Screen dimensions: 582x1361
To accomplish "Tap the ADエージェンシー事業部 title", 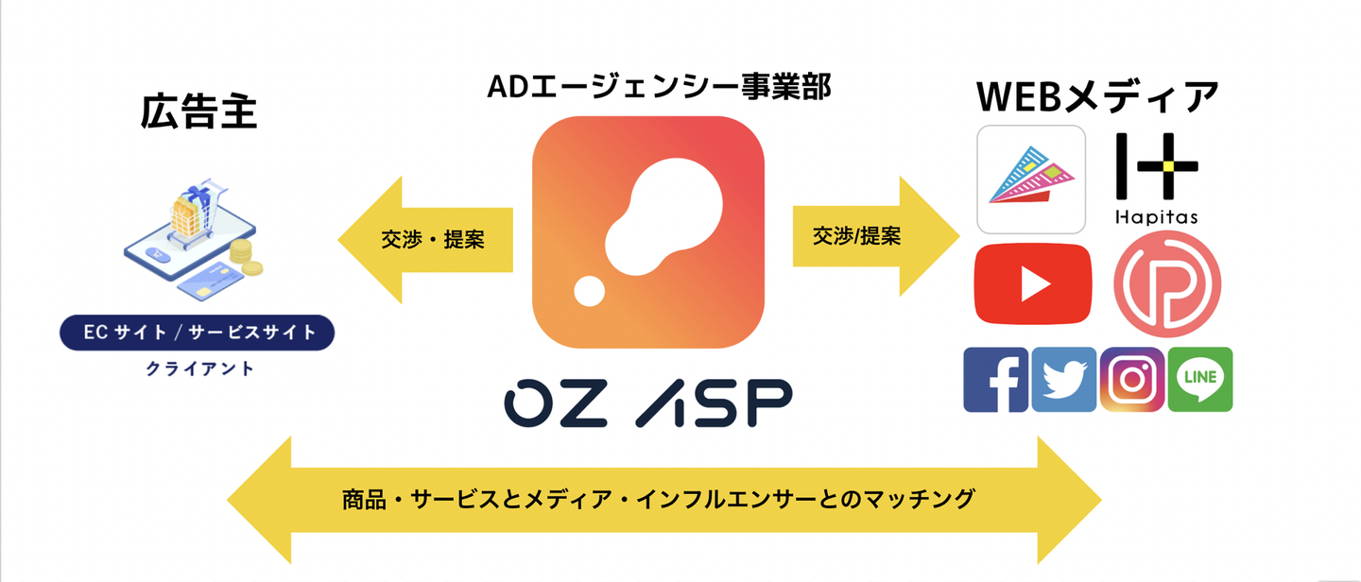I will (659, 87).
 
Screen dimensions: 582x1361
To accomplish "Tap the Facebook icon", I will (996, 380).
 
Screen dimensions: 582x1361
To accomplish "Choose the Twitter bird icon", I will (1064, 380).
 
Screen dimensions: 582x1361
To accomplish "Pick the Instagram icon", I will (1132, 380).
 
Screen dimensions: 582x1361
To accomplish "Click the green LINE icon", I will (1200, 380).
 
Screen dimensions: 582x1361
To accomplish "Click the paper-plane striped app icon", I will (1031, 180).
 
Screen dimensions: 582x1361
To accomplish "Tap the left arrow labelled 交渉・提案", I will (425, 240).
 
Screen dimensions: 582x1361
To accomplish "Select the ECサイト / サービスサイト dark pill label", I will (197, 333).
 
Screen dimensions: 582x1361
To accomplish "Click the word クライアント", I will (199, 368).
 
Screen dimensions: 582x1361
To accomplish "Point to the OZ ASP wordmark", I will (648, 402).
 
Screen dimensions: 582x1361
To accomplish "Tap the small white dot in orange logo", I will (590, 291).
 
